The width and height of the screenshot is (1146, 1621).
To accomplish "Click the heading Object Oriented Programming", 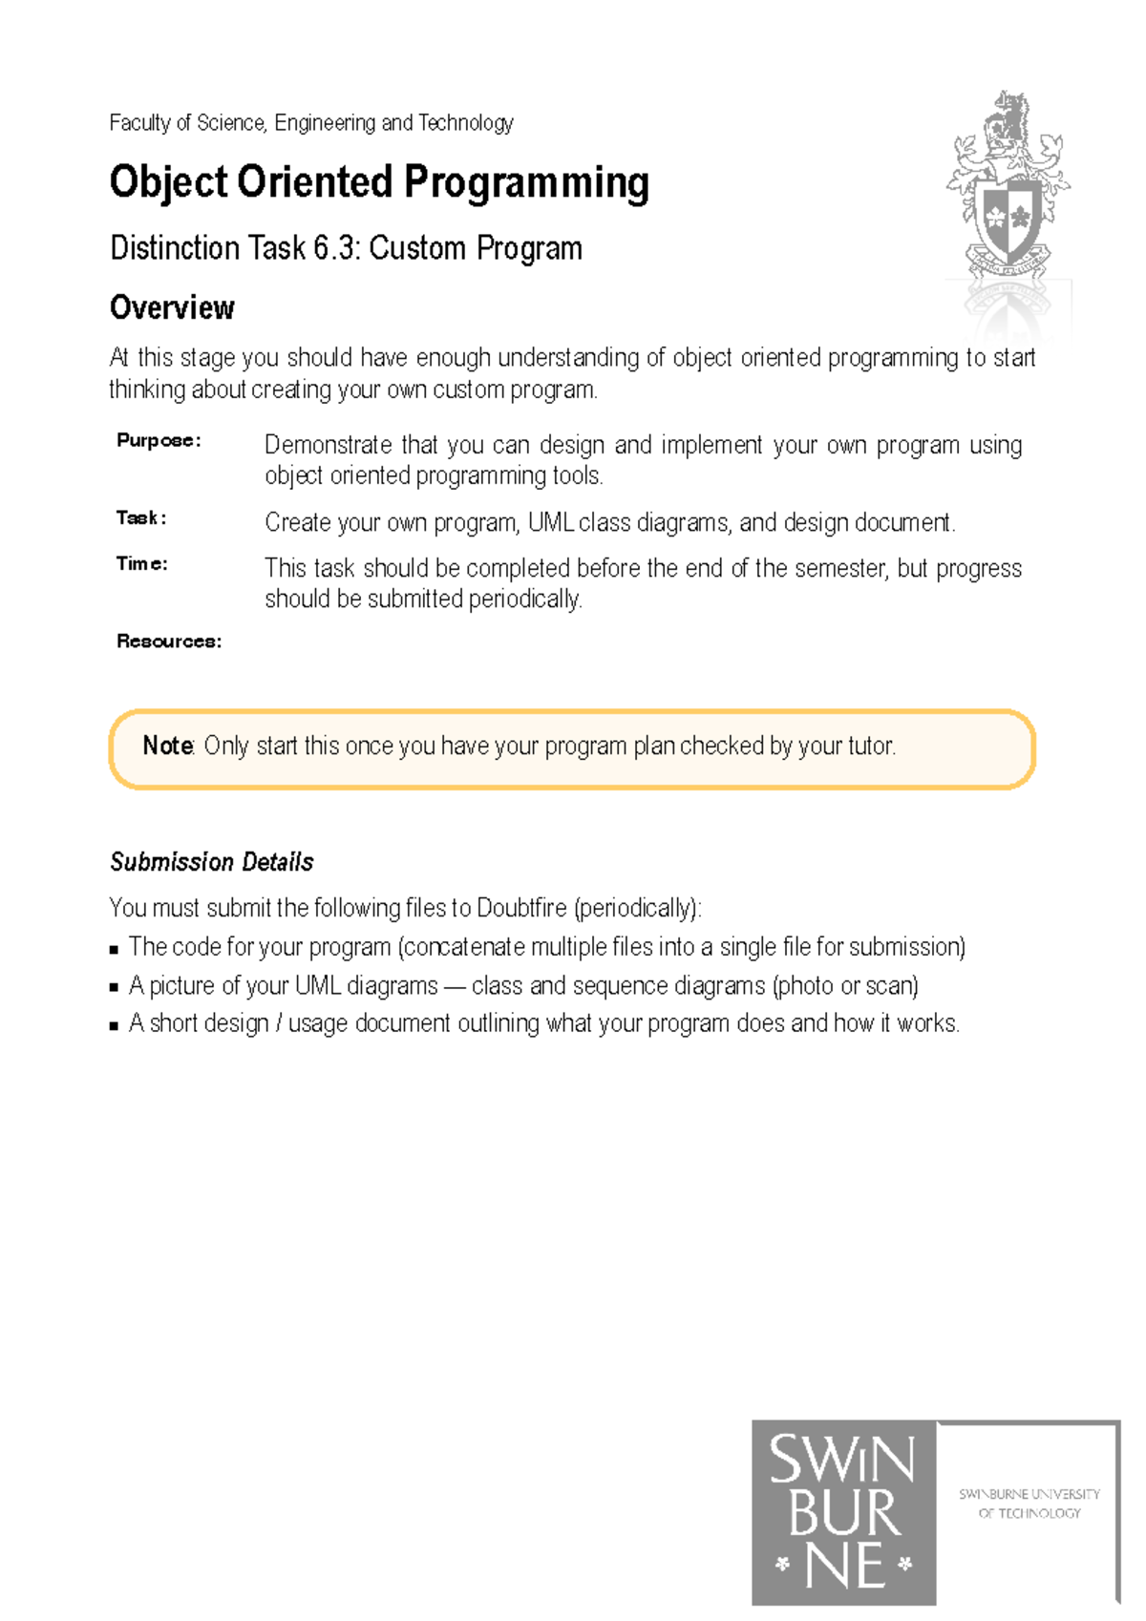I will click(379, 182).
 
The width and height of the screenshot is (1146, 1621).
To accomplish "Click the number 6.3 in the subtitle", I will click(336, 248).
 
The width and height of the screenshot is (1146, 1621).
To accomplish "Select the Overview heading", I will click(172, 307).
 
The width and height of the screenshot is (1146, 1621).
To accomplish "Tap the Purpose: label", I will click(159, 440).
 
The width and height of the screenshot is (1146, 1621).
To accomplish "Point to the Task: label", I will click(141, 517).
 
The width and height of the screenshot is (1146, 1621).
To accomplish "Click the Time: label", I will click(141, 563).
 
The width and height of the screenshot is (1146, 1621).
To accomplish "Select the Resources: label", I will click(169, 641).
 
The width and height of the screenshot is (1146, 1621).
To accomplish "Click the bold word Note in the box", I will click(167, 746).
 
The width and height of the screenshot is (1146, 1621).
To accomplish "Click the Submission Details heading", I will click(211, 862).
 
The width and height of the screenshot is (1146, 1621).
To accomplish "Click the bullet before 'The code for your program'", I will click(114, 950).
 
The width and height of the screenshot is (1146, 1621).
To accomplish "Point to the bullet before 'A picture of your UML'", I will click(114, 988).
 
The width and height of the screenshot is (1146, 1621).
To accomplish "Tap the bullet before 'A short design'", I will click(114, 1026).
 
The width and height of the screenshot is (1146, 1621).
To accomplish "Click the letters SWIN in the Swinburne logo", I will click(842, 1461).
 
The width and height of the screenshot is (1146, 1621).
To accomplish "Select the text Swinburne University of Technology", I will click(1029, 1503).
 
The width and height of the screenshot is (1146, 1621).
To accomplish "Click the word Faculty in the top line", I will click(139, 122).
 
